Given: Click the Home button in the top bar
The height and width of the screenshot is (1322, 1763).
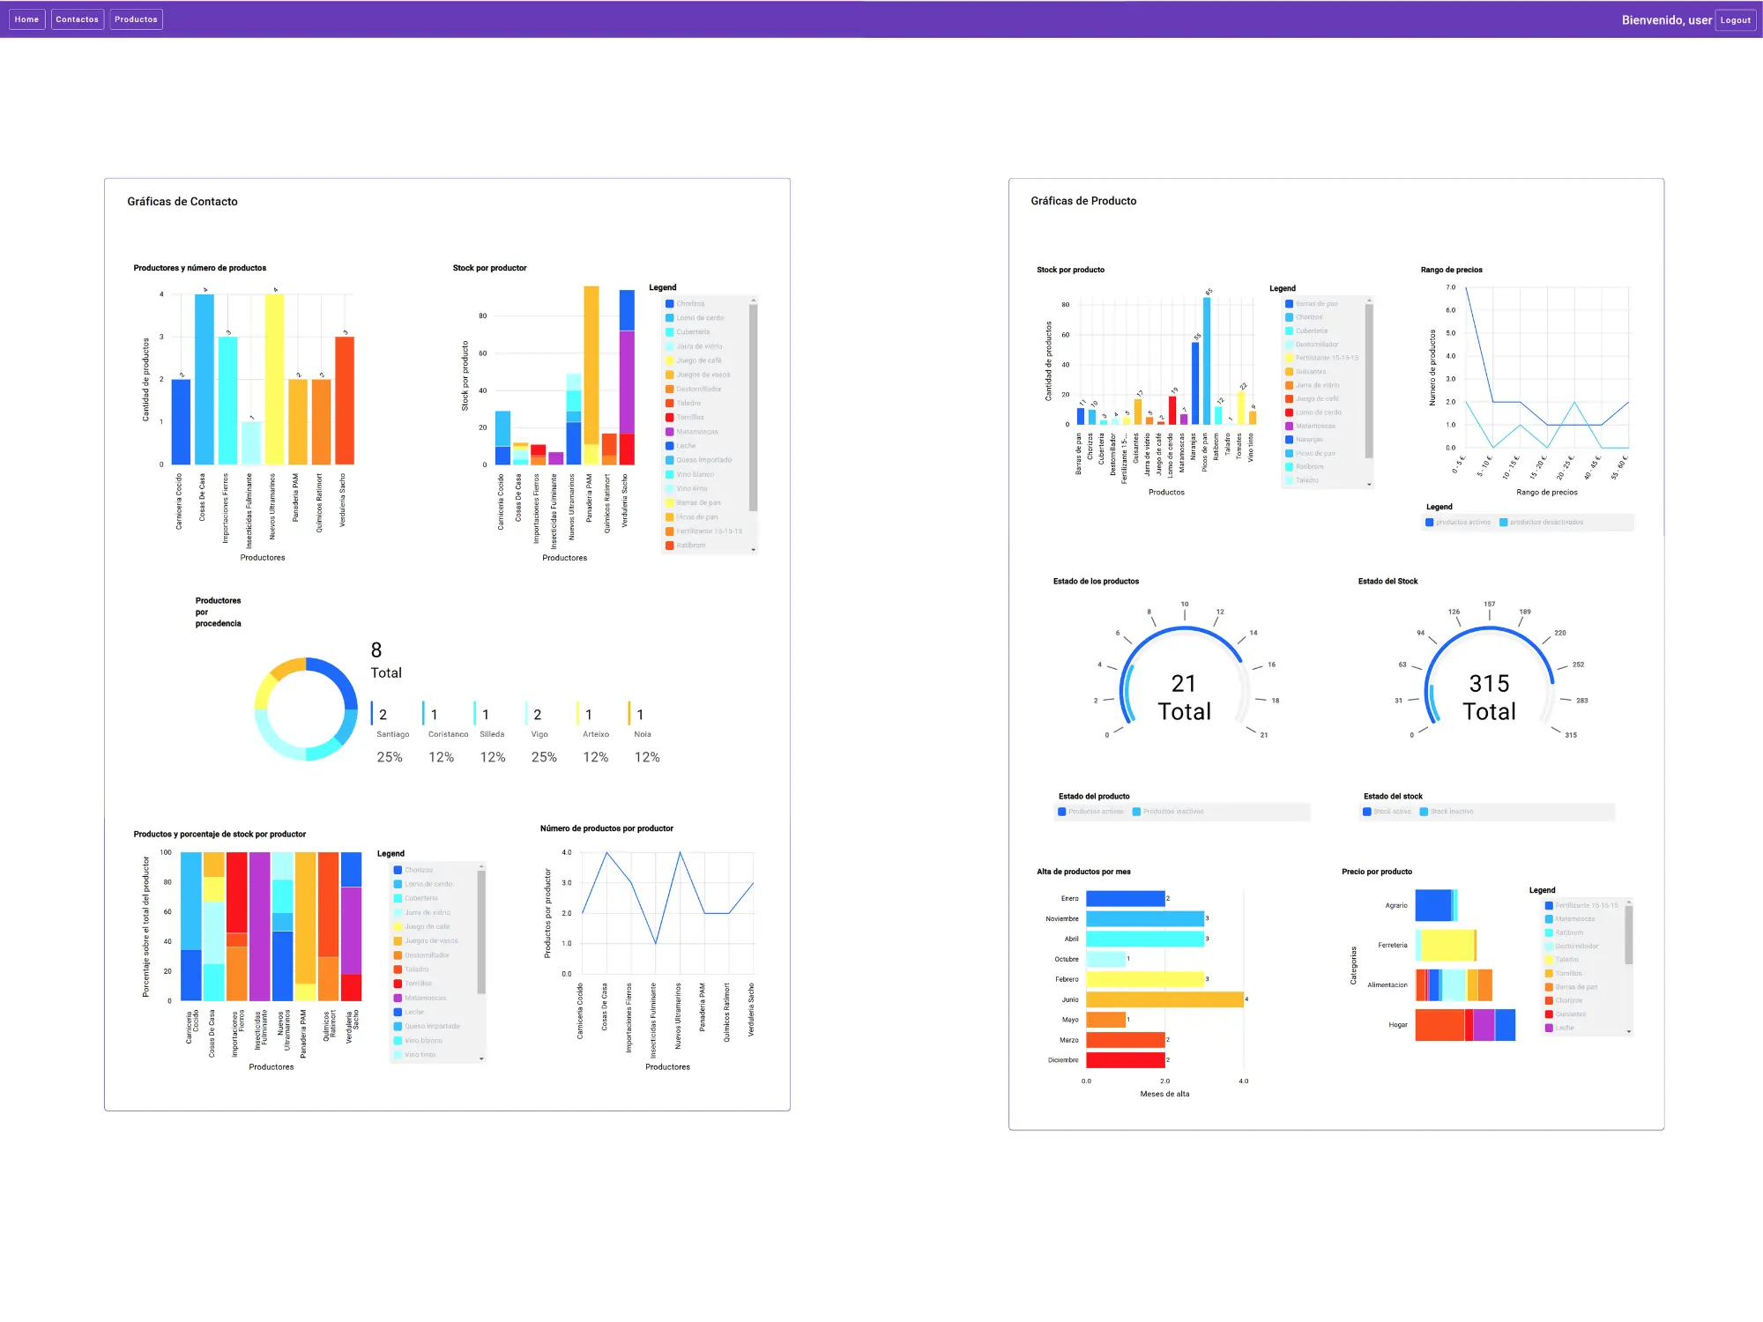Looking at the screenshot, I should [26, 19].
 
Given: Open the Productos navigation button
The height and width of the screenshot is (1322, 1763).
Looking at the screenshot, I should [136, 19].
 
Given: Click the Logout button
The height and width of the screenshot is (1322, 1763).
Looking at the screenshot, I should [1735, 20].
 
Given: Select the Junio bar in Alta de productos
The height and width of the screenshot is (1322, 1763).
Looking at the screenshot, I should [1164, 999].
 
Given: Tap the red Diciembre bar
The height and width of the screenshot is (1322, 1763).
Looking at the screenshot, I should [1125, 1060].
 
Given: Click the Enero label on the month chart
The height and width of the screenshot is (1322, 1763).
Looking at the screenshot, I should [1069, 899].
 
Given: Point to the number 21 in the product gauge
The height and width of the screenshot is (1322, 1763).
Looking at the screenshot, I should [1183, 684].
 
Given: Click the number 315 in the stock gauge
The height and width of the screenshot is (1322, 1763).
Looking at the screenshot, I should [1489, 684].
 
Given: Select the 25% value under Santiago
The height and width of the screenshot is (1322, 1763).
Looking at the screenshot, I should [390, 757].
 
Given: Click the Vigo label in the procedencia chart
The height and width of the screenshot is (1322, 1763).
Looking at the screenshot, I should [539, 734].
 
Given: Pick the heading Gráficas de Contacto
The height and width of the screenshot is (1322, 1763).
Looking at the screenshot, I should [182, 202].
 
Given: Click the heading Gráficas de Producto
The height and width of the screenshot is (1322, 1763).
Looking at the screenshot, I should [1083, 201].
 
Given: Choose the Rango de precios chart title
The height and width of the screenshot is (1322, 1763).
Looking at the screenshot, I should [1451, 270].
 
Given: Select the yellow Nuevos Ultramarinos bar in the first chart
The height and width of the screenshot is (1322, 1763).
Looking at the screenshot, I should [275, 379].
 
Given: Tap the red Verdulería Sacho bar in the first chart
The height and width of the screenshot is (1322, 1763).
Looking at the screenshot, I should [345, 401].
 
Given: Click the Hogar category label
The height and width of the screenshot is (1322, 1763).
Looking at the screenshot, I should [1398, 1025].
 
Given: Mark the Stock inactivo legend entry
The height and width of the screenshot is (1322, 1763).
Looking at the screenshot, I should [1451, 812].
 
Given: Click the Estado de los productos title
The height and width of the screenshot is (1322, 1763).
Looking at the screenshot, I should [1096, 582].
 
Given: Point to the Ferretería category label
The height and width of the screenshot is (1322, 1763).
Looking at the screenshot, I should [1393, 946].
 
